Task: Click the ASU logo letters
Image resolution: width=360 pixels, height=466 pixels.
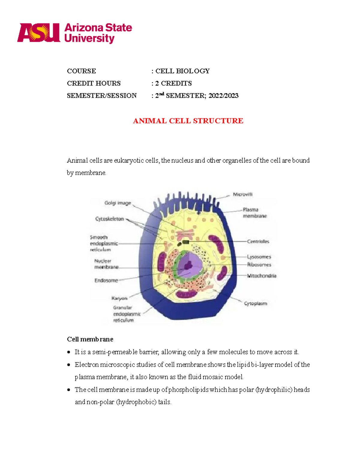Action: tap(38, 33)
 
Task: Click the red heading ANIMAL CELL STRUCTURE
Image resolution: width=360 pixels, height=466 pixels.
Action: tap(188, 121)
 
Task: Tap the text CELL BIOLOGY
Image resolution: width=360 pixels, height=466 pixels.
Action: tap(182, 71)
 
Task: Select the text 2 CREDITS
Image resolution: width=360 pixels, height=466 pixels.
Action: tap(173, 83)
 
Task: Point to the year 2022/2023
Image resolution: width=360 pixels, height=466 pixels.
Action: tap(223, 96)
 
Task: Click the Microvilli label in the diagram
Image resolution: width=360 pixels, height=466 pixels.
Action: tap(243, 194)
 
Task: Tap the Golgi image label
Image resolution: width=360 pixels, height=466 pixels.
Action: tap(118, 203)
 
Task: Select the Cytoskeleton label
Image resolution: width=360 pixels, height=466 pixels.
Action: tap(109, 219)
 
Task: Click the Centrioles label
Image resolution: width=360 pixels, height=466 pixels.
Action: tap(258, 242)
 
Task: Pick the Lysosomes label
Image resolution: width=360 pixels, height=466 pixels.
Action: tap(259, 257)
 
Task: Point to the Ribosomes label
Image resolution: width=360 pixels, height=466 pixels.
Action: tap(259, 265)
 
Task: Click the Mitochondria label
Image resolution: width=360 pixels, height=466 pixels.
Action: tap(262, 276)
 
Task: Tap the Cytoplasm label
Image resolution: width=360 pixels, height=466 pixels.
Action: tap(255, 303)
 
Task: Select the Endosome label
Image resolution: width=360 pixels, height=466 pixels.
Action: tap(106, 281)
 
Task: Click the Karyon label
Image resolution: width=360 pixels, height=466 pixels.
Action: tap(119, 298)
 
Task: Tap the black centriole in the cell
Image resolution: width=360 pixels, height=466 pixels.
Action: tap(185, 242)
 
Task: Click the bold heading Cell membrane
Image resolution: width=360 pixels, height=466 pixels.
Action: tap(90, 339)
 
